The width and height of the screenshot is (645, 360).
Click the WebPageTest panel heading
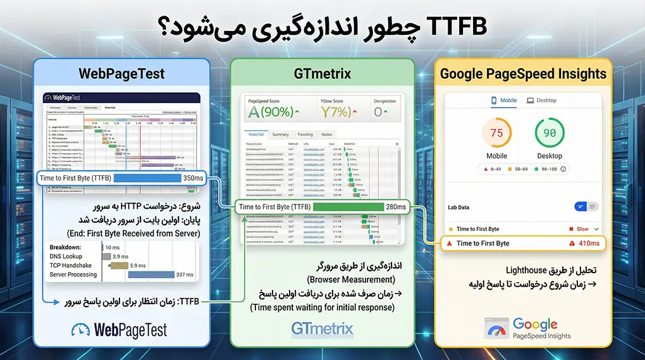(121, 73)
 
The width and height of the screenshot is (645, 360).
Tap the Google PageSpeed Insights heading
(523, 73)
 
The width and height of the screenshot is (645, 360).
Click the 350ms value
(193, 178)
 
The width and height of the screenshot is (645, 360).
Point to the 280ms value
(396, 207)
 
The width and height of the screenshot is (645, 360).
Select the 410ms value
(588, 244)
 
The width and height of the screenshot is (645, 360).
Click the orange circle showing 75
(496, 133)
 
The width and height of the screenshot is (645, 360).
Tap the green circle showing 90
(550, 133)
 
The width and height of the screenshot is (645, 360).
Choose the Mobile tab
(504, 100)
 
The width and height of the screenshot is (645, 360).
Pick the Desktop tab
(541, 100)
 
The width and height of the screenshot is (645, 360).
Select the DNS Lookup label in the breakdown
(66, 256)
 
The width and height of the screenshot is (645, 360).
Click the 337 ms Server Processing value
(185, 275)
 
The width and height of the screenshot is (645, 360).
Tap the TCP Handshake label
(70, 265)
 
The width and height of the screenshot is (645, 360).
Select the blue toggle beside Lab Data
(582, 206)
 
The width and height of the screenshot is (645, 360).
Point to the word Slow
(582, 229)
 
